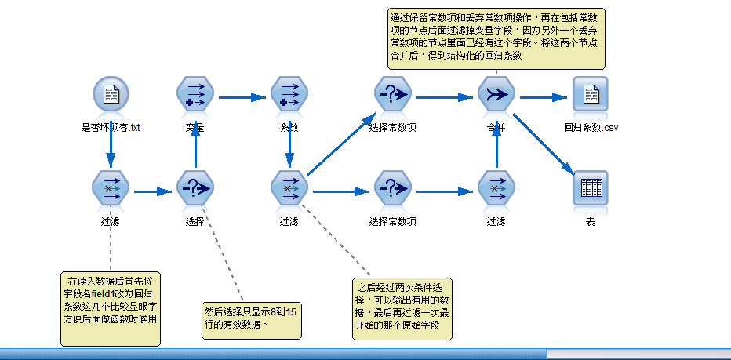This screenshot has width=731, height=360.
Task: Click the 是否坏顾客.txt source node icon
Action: (x=111, y=95)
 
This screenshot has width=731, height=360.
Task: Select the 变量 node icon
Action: (x=195, y=95)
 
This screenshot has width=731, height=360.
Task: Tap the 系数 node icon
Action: (x=289, y=95)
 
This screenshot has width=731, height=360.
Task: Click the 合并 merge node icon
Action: (x=496, y=95)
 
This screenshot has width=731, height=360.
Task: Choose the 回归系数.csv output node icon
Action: (x=591, y=96)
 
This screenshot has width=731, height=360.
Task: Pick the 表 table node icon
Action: (x=591, y=189)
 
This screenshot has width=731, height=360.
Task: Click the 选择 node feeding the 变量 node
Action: (x=195, y=189)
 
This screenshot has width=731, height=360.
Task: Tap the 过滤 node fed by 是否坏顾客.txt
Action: (x=111, y=189)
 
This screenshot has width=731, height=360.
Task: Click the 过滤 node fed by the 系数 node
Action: (x=289, y=189)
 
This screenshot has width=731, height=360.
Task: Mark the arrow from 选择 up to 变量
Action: (x=195, y=145)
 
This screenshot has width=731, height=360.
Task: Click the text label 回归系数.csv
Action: (x=591, y=127)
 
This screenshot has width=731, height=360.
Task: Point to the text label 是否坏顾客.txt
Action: (x=111, y=127)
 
